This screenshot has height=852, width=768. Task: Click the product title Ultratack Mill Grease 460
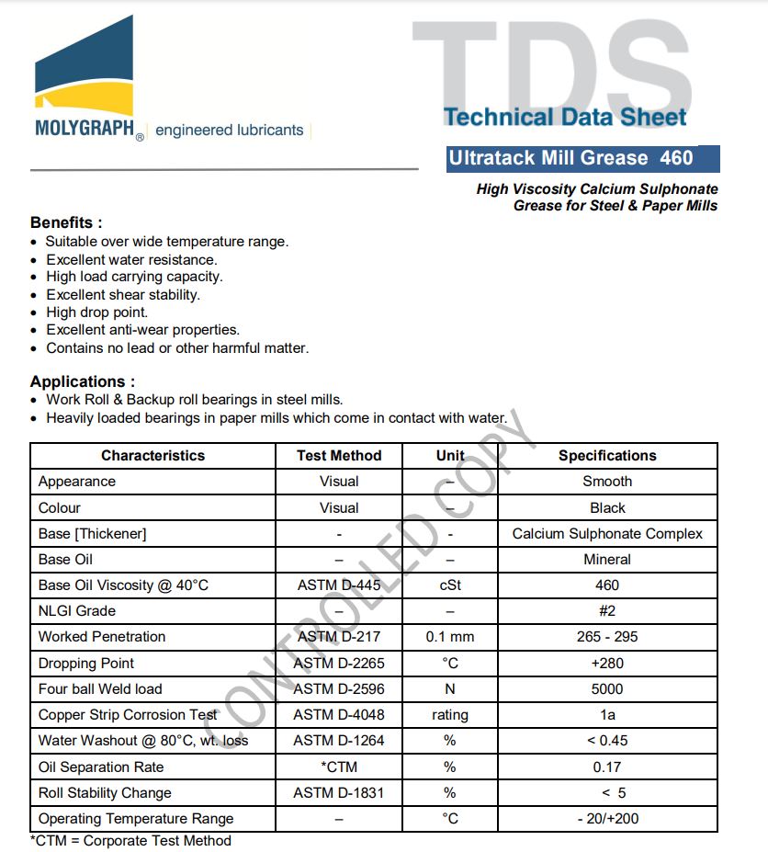[x=570, y=158]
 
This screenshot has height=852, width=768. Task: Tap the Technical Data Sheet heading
[x=565, y=117]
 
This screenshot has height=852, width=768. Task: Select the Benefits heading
[x=66, y=222]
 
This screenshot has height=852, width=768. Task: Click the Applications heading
[x=83, y=381]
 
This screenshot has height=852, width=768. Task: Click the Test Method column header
[x=339, y=456]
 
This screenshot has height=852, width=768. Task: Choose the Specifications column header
[x=607, y=456]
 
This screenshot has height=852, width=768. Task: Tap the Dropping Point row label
[x=86, y=664]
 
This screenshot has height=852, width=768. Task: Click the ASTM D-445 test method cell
[x=339, y=585]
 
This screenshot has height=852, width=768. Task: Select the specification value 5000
[x=607, y=689]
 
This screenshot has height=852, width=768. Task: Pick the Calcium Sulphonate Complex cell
[x=607, y=534]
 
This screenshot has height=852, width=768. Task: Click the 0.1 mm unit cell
[x=450, y=637]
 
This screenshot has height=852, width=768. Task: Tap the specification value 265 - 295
[x=607, y=637]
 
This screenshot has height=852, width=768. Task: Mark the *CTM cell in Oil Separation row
[x=339, y=767]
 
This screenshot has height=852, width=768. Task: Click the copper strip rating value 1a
[x=607, y=715]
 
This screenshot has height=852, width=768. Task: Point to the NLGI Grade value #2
[x=607, y=611]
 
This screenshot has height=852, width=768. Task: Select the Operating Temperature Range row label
[x=136, y=819]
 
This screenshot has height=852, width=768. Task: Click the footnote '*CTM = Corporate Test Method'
[x=130, y=841]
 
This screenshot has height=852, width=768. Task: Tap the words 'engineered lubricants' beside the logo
[x=230, y=131]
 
